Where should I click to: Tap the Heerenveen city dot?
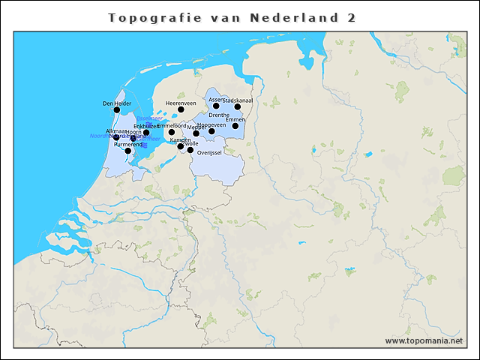(181, 109)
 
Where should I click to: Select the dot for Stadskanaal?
(238, 106)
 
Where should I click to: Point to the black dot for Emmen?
(235, 125)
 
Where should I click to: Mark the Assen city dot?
(216, 106)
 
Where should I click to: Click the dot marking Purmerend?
(128, 151)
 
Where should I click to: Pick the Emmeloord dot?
(172, 132)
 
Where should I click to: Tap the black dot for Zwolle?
(190, 150)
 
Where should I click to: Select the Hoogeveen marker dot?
(211, 131)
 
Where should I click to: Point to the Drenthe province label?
(219, 115)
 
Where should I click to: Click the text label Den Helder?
(116, 103)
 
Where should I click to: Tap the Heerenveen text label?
(181, 103)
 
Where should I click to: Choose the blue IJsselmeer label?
(149, 118)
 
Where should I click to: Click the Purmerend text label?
(127, 144)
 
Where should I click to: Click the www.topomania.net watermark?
(424, 340)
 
